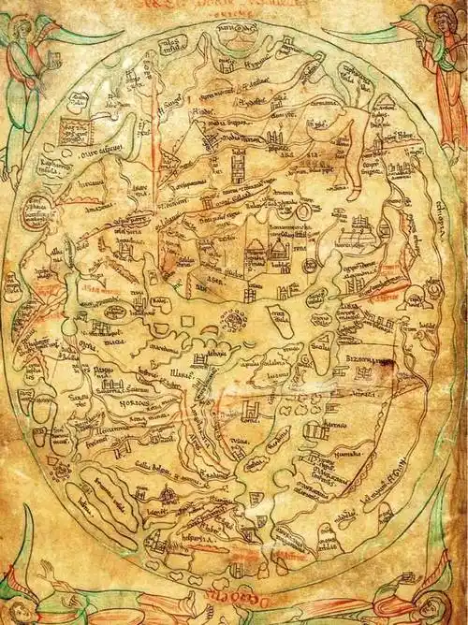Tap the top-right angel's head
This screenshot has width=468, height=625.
[438, 17]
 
